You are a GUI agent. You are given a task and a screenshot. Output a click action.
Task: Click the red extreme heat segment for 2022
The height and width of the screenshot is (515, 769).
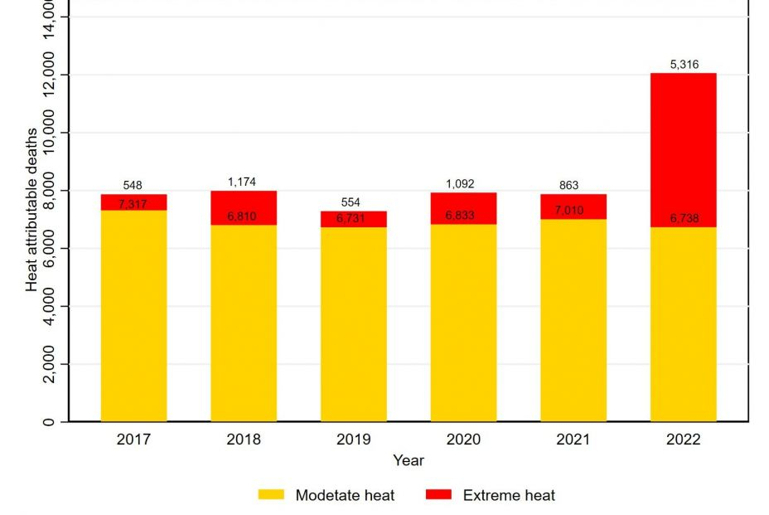pos(683,149)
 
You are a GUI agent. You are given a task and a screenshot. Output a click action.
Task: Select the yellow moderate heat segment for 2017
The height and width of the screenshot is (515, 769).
pos(133,315)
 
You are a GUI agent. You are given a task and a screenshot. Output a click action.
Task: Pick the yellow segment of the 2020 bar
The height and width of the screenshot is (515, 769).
pos(463,323)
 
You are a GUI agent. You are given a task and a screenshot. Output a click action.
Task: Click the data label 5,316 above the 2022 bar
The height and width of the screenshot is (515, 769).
pos(683,64)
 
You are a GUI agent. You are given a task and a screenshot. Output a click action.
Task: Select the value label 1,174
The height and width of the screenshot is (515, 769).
pos(244,181)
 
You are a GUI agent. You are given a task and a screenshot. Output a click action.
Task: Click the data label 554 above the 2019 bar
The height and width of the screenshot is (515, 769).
pos(353,202)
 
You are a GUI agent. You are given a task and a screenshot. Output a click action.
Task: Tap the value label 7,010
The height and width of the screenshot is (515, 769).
pos(573,211)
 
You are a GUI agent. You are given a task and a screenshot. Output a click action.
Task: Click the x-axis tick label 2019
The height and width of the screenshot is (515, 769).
pos(353,440)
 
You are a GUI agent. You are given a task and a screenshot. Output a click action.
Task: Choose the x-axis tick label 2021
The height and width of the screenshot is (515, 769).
pos(573,440)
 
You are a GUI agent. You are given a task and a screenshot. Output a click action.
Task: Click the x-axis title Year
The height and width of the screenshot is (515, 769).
pos(409,459)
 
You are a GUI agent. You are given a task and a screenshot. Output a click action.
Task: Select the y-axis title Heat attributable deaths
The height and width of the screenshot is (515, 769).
pos(31,209)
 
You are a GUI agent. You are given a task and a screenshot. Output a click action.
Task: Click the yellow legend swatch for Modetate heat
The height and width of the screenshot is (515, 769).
pos(271,495)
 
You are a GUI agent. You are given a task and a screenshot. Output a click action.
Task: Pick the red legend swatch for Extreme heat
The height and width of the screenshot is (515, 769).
pos(438,495)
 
